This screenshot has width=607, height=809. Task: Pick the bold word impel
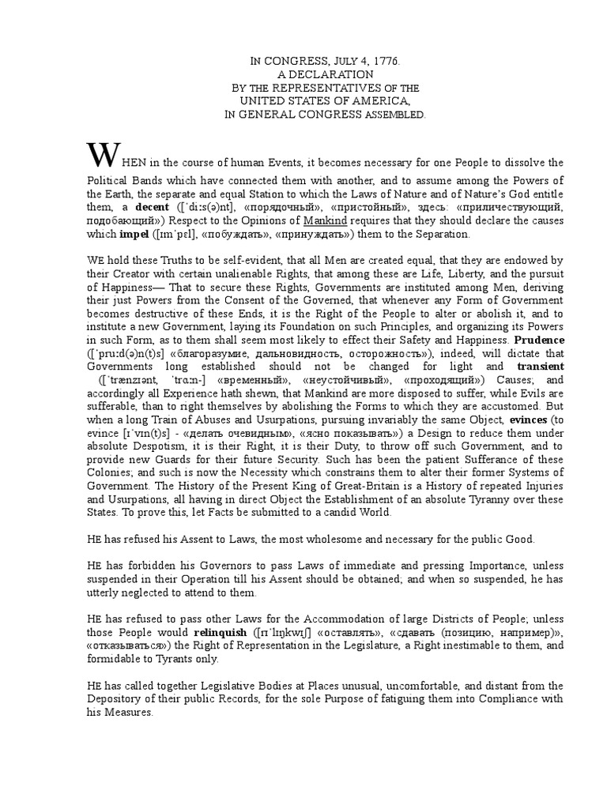pyautogui.click(x=134, y=234)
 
